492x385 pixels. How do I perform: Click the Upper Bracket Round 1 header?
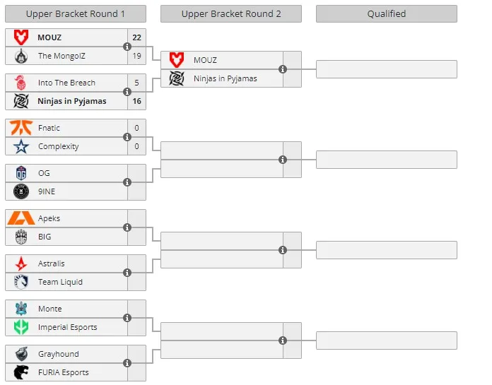[x=76, y=14]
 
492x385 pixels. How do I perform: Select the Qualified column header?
[x=387, y=14]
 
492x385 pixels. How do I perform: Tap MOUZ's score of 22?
[x=137, y=37]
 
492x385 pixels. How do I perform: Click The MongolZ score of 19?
[x=137, y=56]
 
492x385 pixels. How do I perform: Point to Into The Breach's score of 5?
[x=137, y=83]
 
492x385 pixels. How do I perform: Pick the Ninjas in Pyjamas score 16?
[x=137, y=101]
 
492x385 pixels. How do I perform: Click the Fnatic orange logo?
[x=21, y=128]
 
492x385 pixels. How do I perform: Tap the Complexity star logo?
[x=21, y=146]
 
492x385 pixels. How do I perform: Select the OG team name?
[x=44, y=173]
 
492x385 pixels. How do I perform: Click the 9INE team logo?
[x=21, y=191]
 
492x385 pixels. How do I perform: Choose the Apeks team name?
[x=49, y=218]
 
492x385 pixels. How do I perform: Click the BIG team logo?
[x=21, y=237]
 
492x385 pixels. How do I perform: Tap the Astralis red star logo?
[x=21, y=263]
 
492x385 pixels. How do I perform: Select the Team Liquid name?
[x=60, y=282]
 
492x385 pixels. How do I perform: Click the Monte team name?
[x=50, y=309]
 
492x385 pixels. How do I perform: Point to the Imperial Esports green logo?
[x=21, y=327]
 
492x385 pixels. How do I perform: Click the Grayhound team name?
[x=59, y=354]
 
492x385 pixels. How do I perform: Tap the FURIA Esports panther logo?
[x=21, y=372]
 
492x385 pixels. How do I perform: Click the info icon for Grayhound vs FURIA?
[x=127, y=363]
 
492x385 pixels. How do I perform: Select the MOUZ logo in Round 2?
[x=177, y=60]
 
